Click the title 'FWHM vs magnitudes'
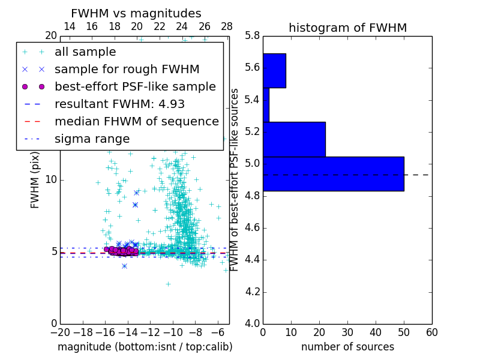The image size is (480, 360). (136, 13)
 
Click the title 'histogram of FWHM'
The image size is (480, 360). (347, 28)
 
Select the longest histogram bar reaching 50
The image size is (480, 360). (333, 173)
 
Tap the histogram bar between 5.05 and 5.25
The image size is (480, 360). (294, 139)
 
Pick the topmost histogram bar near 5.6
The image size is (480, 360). (274, 70)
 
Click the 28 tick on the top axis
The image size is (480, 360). (227, 26)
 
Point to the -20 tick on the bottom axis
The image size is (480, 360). (60, 332)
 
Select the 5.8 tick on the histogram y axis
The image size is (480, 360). (253, 35)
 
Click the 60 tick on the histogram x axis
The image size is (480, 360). (431, 332)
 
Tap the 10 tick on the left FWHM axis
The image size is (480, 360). (51, 179)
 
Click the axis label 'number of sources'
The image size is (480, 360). (347, 347)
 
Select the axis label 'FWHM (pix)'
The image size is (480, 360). (35, 179)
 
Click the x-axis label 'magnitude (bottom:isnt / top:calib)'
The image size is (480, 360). (145, 347)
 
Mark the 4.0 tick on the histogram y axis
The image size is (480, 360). (253, 323)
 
